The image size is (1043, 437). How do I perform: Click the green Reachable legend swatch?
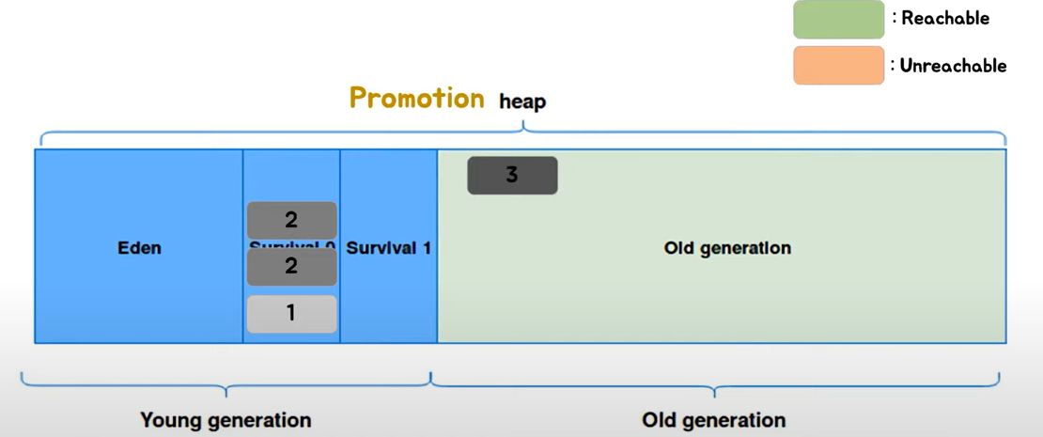pos(838,19)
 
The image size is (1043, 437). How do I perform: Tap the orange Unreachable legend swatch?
pos(838,65)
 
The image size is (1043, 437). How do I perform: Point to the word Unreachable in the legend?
pos(953,66)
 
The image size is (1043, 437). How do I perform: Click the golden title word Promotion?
pos(416,98)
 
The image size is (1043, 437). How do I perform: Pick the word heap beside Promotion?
pos(522,101)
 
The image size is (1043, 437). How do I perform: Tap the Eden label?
pos(139,248)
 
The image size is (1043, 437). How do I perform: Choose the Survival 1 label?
pos(388,248)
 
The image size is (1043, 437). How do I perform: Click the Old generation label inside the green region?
pos(727,248)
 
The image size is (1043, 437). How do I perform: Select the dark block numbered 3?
pos(512,176)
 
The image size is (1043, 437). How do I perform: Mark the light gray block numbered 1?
pos(291,313)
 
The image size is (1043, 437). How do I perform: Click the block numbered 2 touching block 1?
pos(291,267)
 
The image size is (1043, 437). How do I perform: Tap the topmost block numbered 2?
pos(291,220)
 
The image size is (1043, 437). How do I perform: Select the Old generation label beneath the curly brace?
pos(713,419)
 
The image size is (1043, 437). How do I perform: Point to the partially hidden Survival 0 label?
pos(291,245)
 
